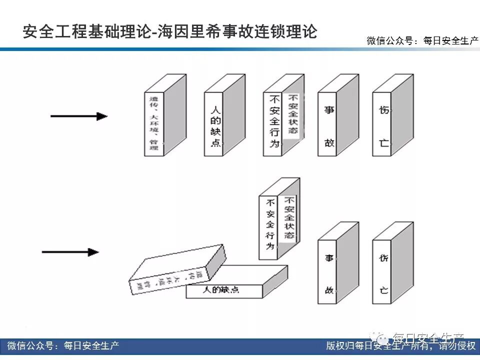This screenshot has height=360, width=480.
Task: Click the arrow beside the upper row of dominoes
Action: coord(79,116)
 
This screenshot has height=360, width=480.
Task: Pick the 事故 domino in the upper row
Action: coord(329,125)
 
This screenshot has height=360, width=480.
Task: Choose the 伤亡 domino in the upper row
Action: coord(383,125)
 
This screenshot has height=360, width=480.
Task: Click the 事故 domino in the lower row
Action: coord(329,272)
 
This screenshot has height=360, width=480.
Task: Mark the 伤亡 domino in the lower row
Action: coord(383,272)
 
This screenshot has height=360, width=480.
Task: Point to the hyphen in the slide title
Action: coord(154,32)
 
